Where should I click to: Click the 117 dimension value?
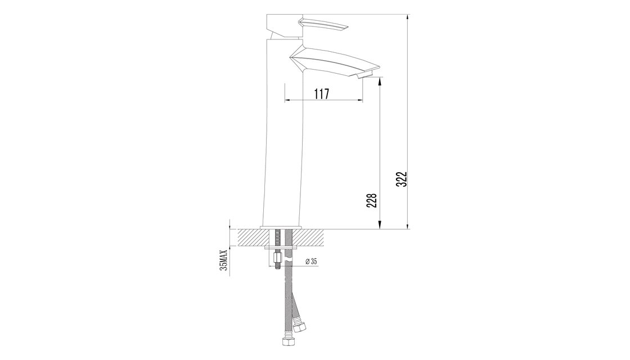[321, 93]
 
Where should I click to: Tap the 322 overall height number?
[402, 179]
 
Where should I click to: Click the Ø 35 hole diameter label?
[312, 261]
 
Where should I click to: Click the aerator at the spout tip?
[366, 74]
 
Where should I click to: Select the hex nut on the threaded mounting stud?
[277, 256]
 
